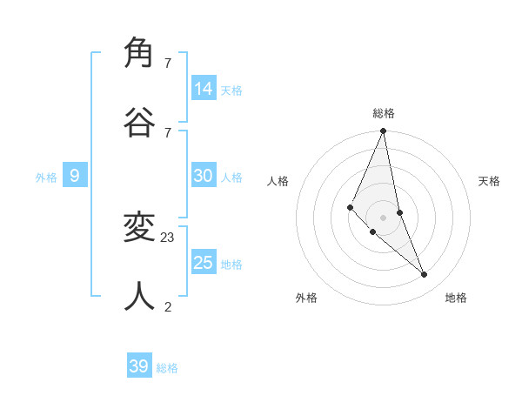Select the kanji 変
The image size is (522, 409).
point(140,228)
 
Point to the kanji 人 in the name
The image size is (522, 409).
point(140,296)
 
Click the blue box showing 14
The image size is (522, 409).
point(204,89)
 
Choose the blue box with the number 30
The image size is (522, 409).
point(204,176)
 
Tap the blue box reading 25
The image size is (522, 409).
point(204,263)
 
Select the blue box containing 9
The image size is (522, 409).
point(75,176)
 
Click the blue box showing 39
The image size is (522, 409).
point(139,366)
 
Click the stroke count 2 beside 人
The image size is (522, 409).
point(168,305)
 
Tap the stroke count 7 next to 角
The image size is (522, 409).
point(168,63)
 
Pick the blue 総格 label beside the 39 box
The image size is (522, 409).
point(167,368)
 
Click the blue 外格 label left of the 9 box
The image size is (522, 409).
point(46,178)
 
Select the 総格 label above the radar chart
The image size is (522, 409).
point(384,113)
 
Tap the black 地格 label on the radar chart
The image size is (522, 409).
point(456,298)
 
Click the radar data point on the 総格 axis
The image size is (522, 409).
point(383,131)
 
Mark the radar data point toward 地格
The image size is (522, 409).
point(425,274)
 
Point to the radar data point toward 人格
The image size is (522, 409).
point(350,206)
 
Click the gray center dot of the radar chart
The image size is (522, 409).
point(383,217)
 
